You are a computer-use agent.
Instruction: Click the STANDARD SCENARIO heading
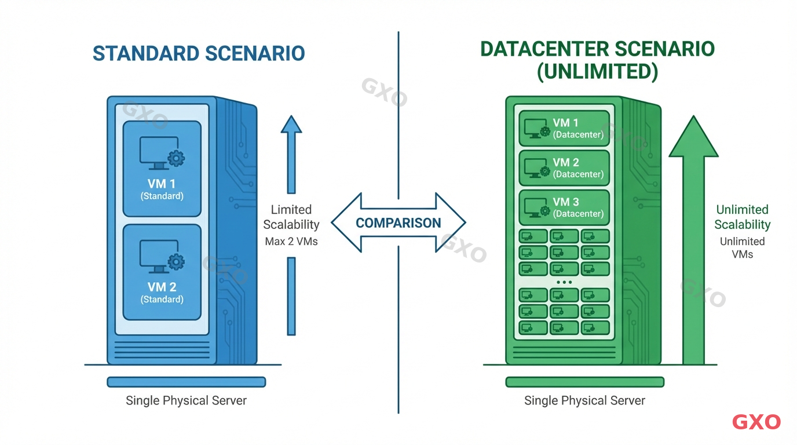[x=199, y=53]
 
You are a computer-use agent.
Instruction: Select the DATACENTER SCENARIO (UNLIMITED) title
[x=597, y=60]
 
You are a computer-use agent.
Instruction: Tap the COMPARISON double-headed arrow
[x=398, y=223]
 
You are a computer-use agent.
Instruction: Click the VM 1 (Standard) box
[x=162, y=168]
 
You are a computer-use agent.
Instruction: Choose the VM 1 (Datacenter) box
[x=564, y=128]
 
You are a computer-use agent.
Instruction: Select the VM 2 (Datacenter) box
[x=564, y=167]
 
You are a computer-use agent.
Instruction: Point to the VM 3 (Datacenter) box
[x=564, y=207]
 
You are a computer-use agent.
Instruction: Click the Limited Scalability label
[x=291, y=217]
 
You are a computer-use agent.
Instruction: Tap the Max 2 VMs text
[x=291, y=241]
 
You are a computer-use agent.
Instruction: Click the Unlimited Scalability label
[x=742, y=217]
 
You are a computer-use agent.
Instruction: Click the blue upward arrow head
[x=291, y=125]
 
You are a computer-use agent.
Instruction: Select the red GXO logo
[x=756, y=422]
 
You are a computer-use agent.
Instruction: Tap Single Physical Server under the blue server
[x=186, y=400]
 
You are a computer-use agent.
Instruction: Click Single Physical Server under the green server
[x=584, y=400]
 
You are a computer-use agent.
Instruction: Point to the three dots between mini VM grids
[x=564, y=282]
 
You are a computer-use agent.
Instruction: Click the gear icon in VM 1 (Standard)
[x=176, y=158]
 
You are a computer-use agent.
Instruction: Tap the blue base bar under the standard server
[x=186, y=382]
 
